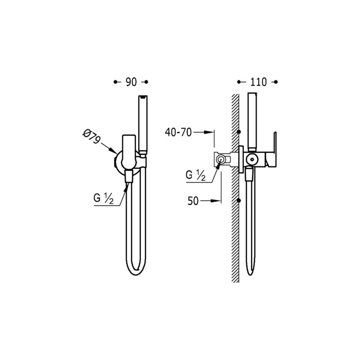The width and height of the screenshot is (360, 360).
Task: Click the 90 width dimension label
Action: point(131,82)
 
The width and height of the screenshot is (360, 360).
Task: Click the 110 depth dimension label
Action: point(259,82)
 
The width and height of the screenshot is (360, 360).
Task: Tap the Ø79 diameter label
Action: point(92,137)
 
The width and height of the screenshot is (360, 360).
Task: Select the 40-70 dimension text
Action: point(178,132)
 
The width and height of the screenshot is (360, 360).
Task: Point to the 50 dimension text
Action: point(193,201)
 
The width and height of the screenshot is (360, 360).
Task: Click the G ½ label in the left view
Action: point(103,198)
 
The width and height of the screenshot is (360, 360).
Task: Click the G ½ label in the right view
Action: point(195,175)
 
